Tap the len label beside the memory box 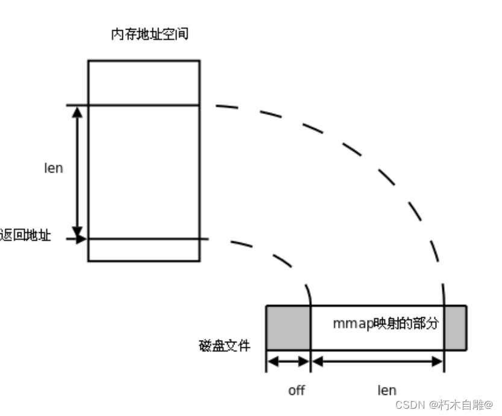click(x=54, y=168)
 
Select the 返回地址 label click(x=25, y=236)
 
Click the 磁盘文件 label click(x=224, y=345)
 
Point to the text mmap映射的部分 click(x=385, y=323)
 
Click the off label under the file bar click(x=296, y=390)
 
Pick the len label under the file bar click(x=386, y=390)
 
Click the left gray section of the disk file click(x=288, y=328)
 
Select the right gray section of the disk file click(x=455, y=328)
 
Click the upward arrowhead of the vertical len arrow click(x=77, y=112)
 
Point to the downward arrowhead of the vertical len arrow click(x=77, y=231)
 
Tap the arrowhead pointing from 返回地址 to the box click(x=81, y=239)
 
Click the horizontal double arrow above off click(x=288, y=362)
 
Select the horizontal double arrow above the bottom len click(x=377, y=362)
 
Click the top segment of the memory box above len click(x=143, y=83)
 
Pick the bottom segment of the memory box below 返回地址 click(x=143, y=250)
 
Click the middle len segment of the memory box click(x=143, y=172)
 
